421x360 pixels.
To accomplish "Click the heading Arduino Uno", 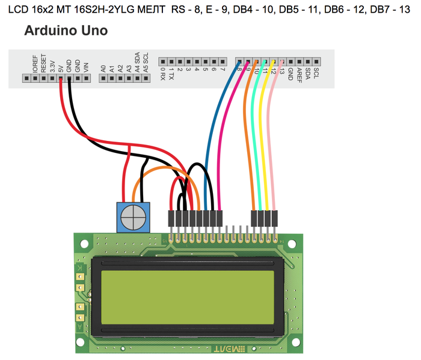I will [x=66, y=31].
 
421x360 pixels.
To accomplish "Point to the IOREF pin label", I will [x=35, y=64].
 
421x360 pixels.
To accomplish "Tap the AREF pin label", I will [x=299, y=75].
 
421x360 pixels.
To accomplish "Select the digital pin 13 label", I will [x=281, y=72].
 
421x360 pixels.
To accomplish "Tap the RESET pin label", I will [x=43, y=64].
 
